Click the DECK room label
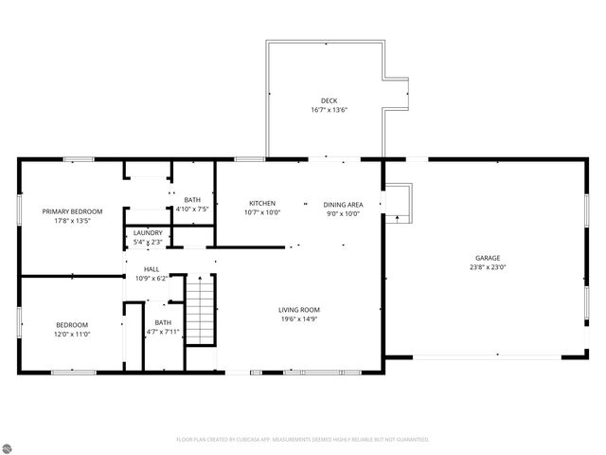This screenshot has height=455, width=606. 329,100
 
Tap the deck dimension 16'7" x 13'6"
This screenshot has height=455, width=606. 329,110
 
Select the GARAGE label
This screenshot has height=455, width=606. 488,258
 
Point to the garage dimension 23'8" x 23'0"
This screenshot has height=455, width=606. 488,267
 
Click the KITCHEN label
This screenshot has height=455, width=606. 262,204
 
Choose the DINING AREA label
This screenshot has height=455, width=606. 343,204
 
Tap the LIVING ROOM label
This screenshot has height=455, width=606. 299,310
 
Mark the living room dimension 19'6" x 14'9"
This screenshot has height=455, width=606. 299,319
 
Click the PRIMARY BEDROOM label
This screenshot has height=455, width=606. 72,211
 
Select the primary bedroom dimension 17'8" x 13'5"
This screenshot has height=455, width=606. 72,221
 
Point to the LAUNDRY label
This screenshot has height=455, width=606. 148,233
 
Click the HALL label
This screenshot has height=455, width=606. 151,269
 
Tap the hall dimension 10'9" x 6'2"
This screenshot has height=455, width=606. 151,279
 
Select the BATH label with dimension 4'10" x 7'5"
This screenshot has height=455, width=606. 192,199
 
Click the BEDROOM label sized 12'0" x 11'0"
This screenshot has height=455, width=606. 72,325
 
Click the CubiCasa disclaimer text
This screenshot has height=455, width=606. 303,440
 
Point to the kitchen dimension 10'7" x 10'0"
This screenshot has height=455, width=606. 262,213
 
